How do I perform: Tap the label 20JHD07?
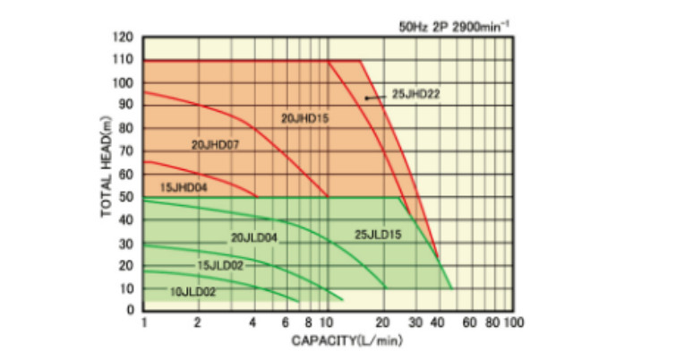214,143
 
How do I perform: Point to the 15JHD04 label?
182,187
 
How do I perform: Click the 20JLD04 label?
253,238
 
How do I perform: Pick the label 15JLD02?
219,266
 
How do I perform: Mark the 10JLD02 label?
192,291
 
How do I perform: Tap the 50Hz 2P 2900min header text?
454,27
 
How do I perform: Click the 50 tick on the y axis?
127,197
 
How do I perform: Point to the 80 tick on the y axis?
127,128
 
